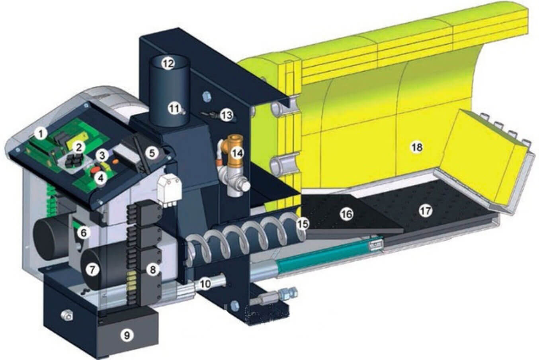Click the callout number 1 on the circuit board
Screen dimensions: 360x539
pyautogui.click(x=40, y=133)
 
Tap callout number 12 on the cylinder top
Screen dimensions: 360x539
pyautogui.click(x=168, y=63)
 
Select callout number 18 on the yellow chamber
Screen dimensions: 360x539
pyautogui.click(x=416, y=148)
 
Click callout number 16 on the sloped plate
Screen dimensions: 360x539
pyautogui.click(x=346, y=214)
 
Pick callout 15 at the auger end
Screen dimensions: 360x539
pyautogui.click(x=303, y=224)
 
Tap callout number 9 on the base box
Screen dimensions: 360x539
pyautogui.click(x=127, y=335)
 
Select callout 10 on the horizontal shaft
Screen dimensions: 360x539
pyautogui.click(x=205, y=284)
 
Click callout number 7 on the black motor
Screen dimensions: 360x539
pyautogui.click(x=92, y=270)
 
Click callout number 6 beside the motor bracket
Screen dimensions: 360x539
pyautogui.click(x=83, y=233)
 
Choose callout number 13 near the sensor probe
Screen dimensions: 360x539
pyautogui.click(x=226, y=115)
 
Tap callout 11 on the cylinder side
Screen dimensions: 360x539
pyautogui.click(x=174, y=108)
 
